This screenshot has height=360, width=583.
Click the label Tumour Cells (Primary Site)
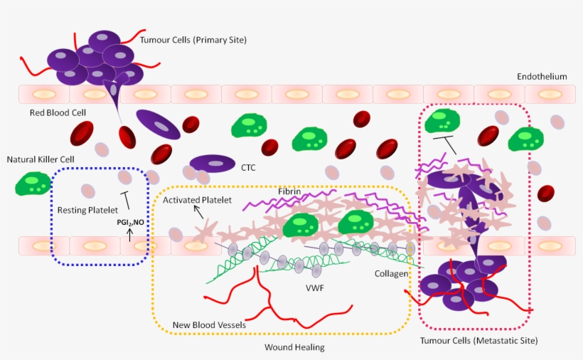[193, 41]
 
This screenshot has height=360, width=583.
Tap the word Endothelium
[542, 76]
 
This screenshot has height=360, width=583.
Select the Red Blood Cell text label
[58, 112]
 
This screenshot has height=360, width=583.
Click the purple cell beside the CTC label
[212, 164]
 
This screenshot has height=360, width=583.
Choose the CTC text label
[249, 169]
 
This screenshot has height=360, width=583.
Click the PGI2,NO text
[131, 223]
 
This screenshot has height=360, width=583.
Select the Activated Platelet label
[197, 200]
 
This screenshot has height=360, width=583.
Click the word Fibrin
[289, 191]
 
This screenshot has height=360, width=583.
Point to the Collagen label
[391, 273]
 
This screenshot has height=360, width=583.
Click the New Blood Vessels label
[209, 325]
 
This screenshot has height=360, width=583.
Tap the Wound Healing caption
[294, 347]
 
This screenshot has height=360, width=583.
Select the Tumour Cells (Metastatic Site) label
[481, 341]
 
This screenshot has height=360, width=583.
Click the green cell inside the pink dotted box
[442, 120]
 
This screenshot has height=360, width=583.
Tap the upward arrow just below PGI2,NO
[129, 233]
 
